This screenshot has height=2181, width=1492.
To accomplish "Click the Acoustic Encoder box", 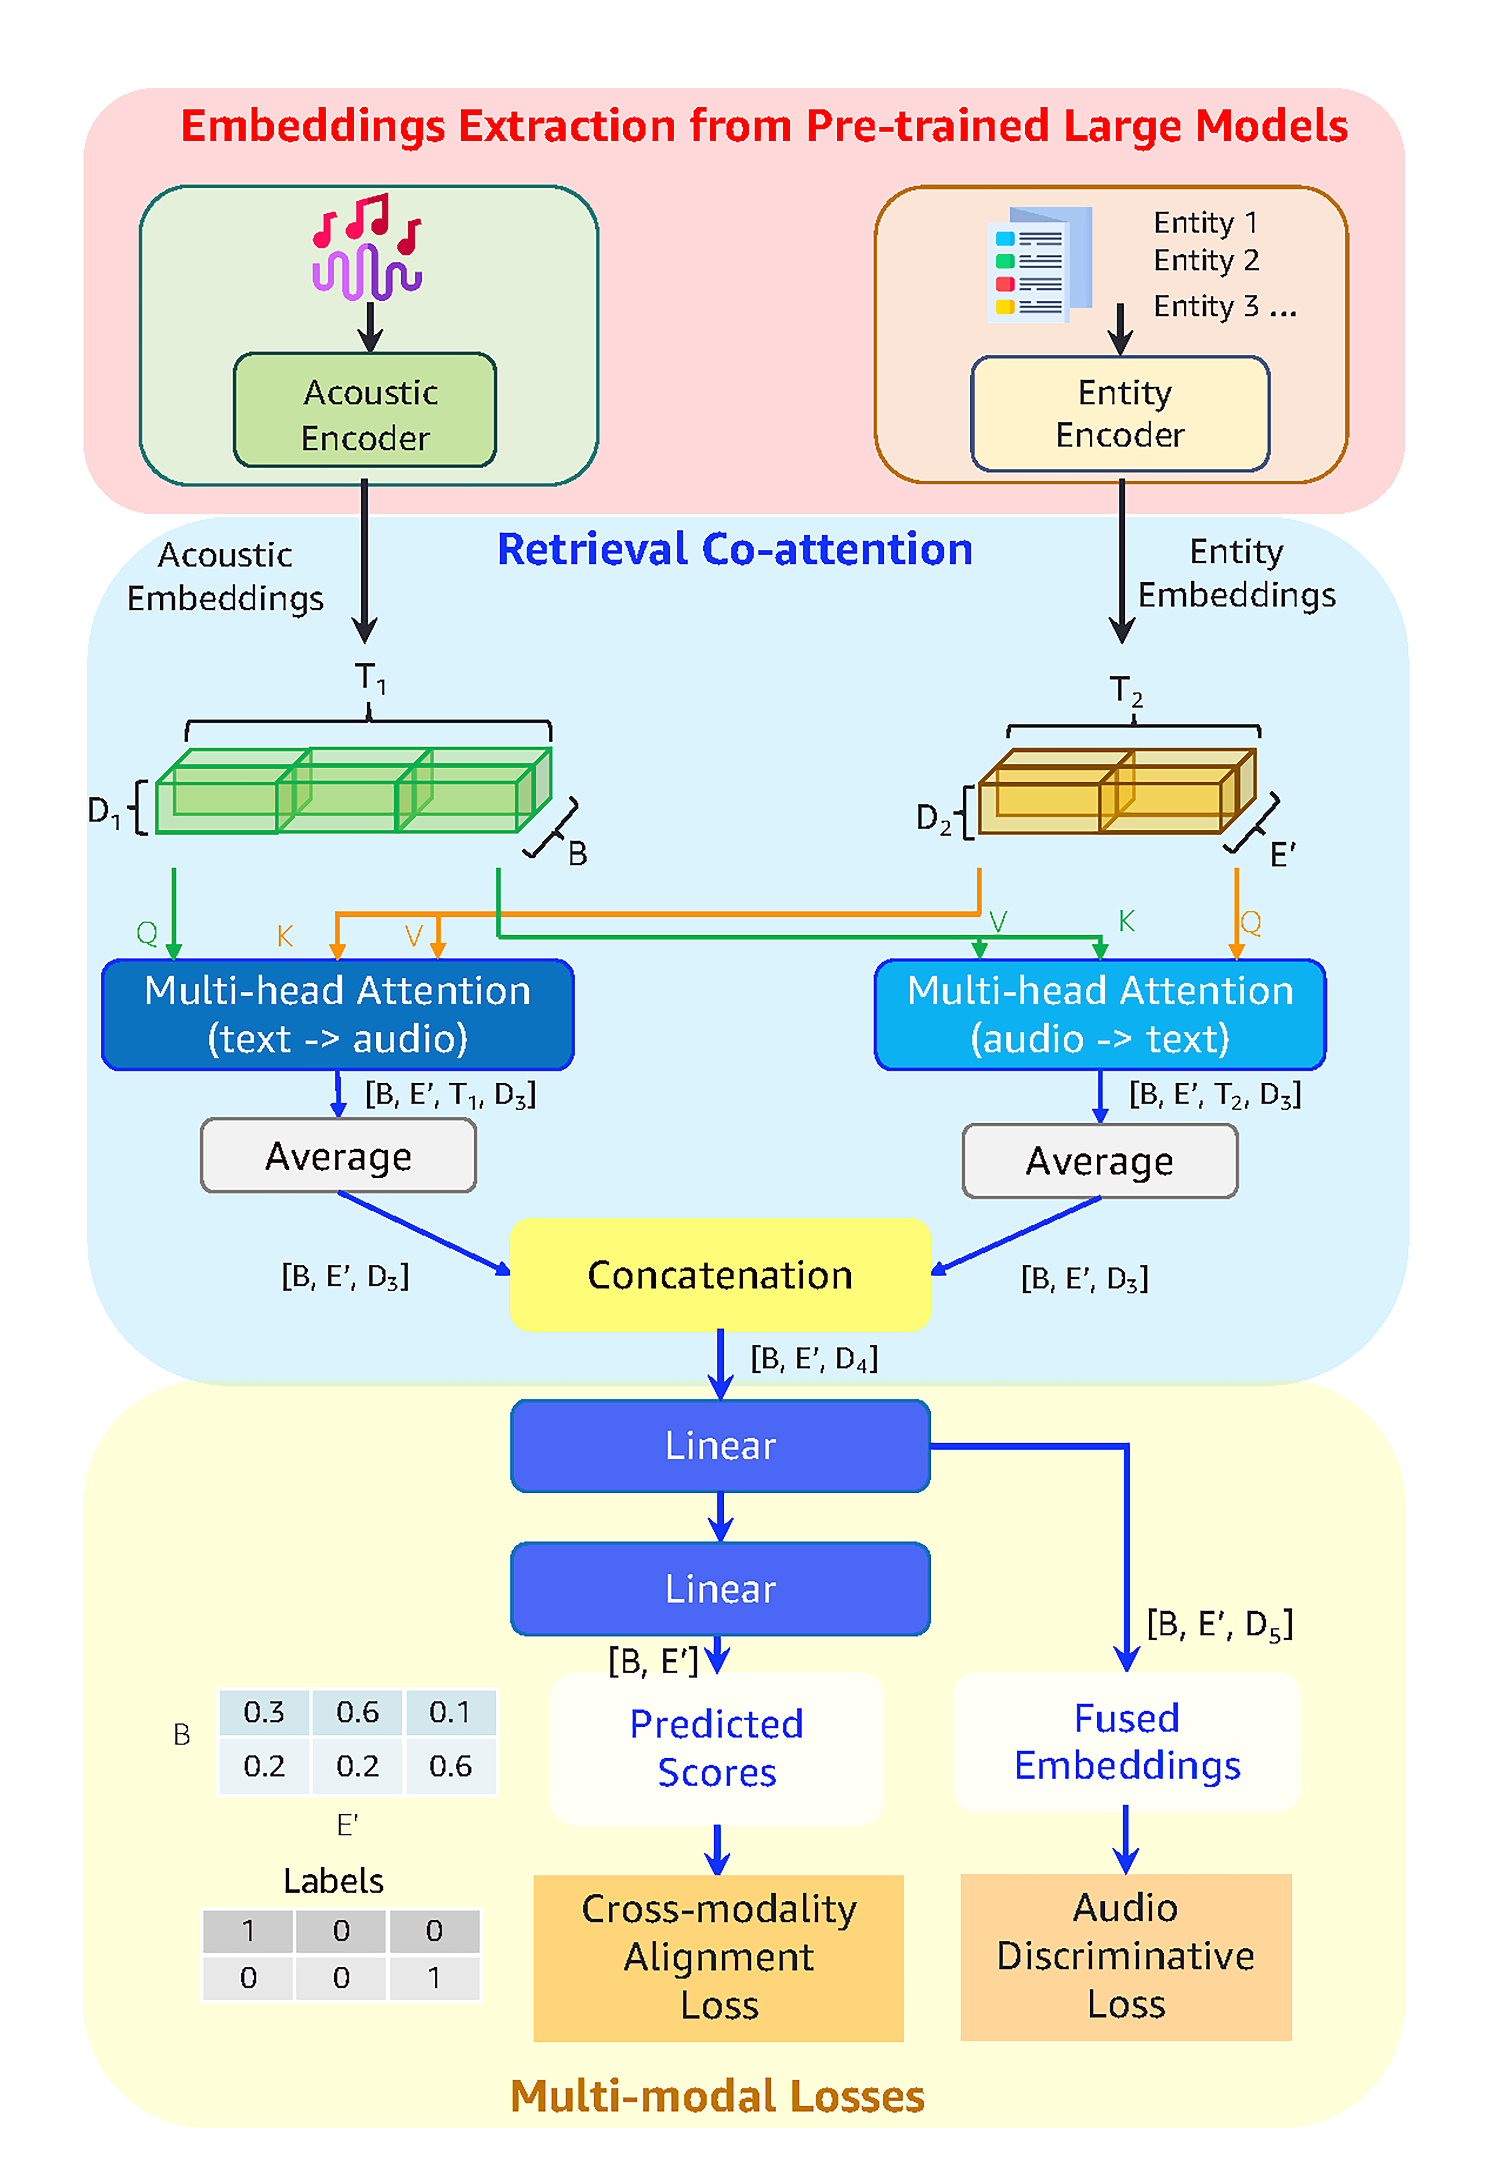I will click(365, 410).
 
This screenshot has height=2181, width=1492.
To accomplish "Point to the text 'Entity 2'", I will click(1206, 260).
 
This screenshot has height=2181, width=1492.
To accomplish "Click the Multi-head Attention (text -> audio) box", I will click(338, 1015).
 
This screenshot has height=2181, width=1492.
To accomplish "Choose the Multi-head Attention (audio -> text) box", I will click(1100, 1015).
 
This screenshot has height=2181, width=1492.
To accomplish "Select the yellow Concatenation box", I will click(720, 1275).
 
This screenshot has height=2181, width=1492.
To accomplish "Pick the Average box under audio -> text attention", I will click(1100, 1161).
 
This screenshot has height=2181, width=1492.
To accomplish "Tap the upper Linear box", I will click(720, 1445).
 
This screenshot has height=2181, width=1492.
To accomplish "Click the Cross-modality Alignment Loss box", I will click(719, 1957).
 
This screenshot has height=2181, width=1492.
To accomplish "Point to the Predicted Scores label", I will click(717, 1748).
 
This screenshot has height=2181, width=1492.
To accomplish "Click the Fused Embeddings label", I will click(1127, 1742).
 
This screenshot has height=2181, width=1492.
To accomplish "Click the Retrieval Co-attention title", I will click(735, 549).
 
